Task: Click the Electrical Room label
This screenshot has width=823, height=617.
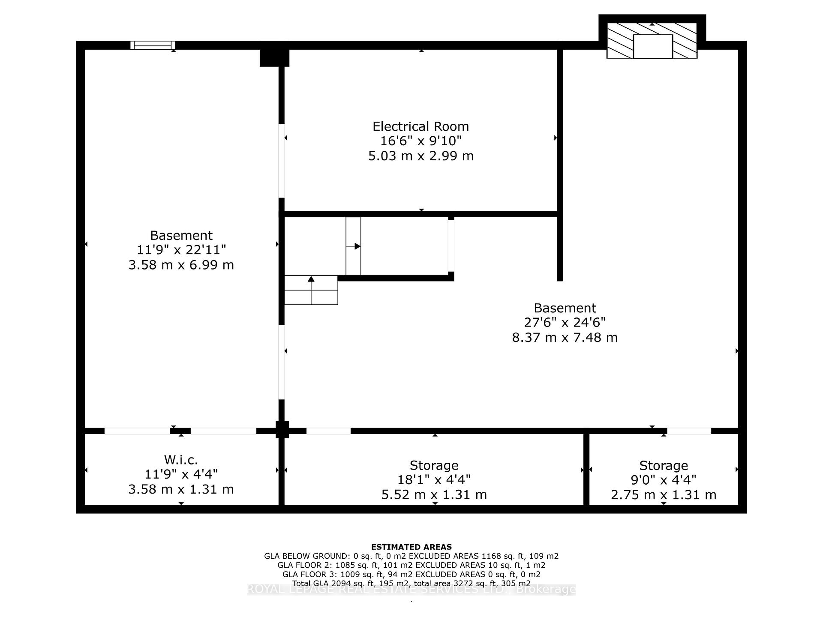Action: (421, 126)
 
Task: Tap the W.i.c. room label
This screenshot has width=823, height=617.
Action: (181, 460)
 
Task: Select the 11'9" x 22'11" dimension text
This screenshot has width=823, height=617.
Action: (181, 250)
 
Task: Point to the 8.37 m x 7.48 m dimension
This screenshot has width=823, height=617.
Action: (565, 338)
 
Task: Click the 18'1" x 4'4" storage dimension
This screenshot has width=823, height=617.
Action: (434, 480)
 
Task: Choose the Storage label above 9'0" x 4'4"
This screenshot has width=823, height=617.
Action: (663, 465)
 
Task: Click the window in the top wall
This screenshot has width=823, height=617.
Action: (153, 45)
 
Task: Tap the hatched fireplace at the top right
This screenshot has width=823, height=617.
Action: (652, 40)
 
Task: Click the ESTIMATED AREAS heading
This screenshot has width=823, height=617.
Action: (411, 547)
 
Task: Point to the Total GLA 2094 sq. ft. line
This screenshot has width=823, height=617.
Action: (411, 584)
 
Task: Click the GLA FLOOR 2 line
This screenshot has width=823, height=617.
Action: (411, 565)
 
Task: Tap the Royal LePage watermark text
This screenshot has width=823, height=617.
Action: (411, 590)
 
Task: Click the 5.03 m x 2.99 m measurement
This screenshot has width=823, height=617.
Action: (421, 156)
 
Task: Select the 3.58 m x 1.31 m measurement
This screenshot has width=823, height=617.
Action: (181, 489)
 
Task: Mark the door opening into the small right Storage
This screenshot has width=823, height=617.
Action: (689, 431)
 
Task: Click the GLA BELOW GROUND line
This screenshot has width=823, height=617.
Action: (411, 556)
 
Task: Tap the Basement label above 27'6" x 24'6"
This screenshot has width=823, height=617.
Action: (565, 308)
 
